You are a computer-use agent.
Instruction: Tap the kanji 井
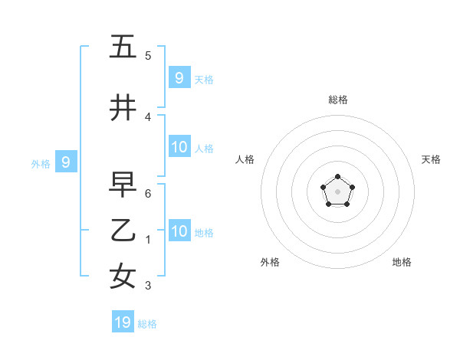coord(123,108)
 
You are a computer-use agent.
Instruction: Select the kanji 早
coord(123,185)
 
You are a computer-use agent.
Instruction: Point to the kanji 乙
coord(123,231)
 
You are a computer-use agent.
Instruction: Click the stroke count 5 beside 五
coord(148,56)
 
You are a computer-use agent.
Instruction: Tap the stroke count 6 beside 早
coord(148,194)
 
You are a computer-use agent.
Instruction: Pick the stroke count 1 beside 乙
coord(148,240)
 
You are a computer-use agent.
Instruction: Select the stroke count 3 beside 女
coord(148,286)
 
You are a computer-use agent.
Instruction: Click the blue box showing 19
coord(123,322)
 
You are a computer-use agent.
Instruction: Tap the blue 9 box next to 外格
coord(66,162)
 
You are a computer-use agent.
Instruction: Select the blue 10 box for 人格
coord(179,148)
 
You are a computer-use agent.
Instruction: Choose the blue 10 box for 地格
coord(179,232)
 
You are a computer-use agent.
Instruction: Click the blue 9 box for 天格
coord(179,77)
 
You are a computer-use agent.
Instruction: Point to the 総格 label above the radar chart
coord(338,100)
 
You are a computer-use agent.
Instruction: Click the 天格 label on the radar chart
coord(431,159)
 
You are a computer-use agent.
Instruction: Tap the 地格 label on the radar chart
coord(402,262)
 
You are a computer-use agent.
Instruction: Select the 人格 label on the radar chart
coord(245,159)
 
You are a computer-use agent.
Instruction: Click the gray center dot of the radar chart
coord(338,191)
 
